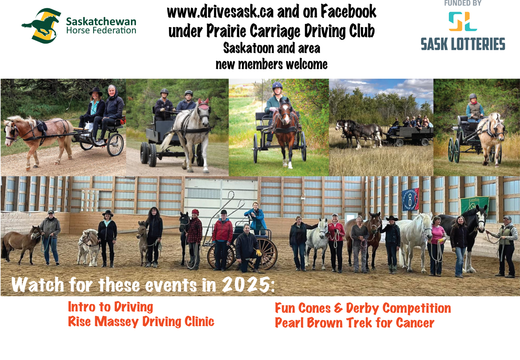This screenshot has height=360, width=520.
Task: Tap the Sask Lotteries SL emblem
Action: (463, 21)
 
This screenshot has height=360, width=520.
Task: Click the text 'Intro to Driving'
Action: (111, 307)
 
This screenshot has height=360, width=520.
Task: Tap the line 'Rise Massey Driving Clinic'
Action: (141, 322)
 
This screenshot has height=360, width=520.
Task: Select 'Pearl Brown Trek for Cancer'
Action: (354, 323)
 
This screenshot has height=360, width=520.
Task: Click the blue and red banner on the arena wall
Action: (410, 199)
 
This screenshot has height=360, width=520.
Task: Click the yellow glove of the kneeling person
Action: (259, 253)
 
